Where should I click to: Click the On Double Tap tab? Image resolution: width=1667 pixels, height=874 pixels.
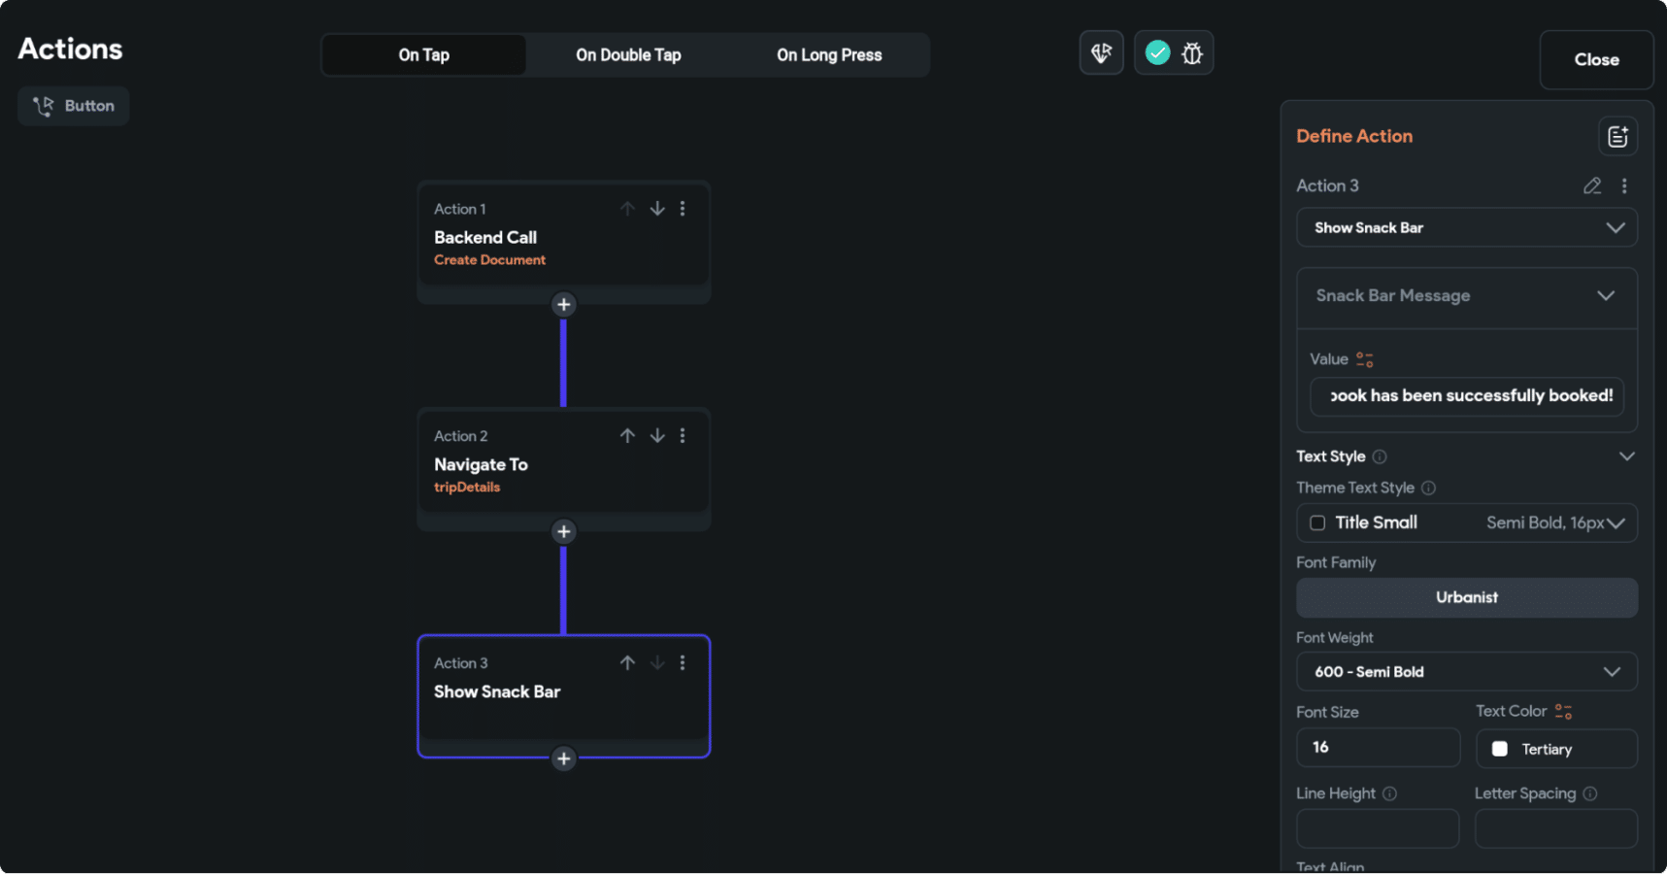pyautogui.click(x=628, y=55)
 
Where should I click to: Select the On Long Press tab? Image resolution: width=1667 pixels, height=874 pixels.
pyautogui.click(x=829, y=55)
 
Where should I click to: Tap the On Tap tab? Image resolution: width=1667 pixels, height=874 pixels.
pyautogui.click(x=424, y=55)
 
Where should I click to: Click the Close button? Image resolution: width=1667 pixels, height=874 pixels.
pyautogui.click(x=1596, y=60)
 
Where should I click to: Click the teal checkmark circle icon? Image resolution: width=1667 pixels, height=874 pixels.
pyautogui.click(x=1157, y=53)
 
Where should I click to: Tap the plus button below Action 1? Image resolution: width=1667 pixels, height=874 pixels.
pyautogui.click(x=563, y=305)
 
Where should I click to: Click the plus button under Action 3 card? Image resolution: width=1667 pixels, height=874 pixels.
pyautogui.click(x=563, y=758)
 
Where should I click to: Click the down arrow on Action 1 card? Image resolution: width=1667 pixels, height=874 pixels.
pyautogui.click(x=657, y=209)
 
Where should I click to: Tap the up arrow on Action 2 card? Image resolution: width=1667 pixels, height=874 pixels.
pyautogui.click(x=627, y=436)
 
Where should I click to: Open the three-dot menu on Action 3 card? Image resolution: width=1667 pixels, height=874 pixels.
pyautogui.click(x=683, y=662)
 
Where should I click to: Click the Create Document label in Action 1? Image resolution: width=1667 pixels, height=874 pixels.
pyautogui.click(x=489, y=260)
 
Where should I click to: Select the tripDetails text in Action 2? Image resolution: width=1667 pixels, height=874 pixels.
pyautogui.click(x=467, y=487)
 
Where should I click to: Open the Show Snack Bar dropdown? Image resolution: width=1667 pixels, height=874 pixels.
pyautogui.click(x=1466, y=228)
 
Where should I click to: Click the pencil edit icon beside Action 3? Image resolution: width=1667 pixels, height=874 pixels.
pyautogui.click(x=1591, y=185)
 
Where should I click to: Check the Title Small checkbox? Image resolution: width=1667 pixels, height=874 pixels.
pyautogui.click(x=1317, y=523)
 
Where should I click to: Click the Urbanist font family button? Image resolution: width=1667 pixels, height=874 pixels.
pyautogui.click(x=1466, y=597)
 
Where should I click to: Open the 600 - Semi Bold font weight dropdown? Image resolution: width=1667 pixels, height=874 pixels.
pyautogui.click(x=1466, y=672)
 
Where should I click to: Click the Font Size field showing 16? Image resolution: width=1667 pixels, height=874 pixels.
pyautogui.click(x=1377, y=748)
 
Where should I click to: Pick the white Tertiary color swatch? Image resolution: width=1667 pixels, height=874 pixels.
pyautogui.click(x=1500, y=749)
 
